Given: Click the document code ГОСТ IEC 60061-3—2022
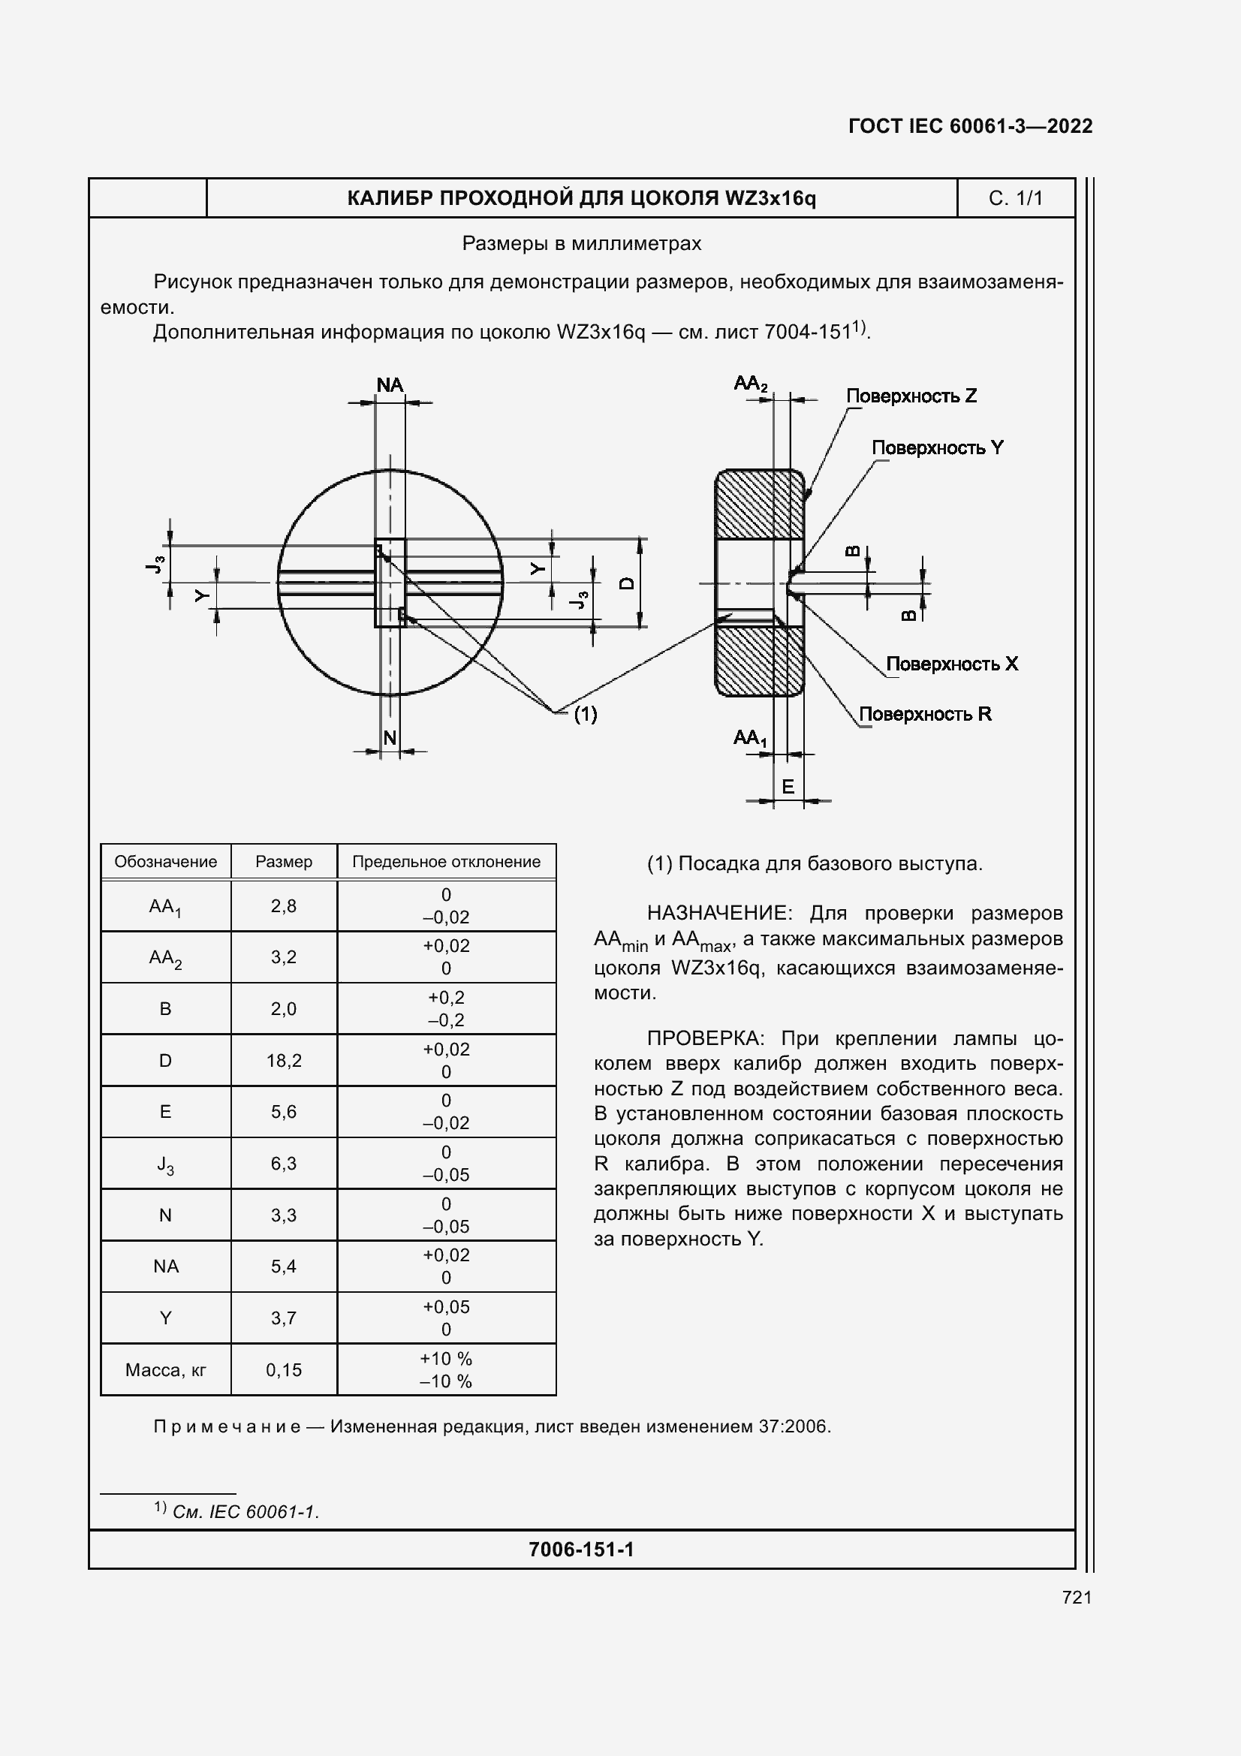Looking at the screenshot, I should click(x=969, y=126).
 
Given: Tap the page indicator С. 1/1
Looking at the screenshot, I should click(x=1015, y=198).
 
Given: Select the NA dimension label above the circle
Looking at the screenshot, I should click(x=389, y=384).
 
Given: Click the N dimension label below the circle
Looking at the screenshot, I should click(x=389, y=737).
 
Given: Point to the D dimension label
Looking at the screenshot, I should click(x=626, y=583).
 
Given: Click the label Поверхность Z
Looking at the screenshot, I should click(x=911, y=396).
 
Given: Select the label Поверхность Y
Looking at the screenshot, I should click(x=937, y=447).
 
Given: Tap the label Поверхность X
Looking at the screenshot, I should click(x=951, y=664).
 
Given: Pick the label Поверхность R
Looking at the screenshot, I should click(x=924, y=713).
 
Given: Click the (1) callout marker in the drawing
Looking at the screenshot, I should click(x=585, y=714).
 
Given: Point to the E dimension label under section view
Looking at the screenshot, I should click(x=788, y=786).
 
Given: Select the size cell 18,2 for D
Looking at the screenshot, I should click(x=284, y=1060).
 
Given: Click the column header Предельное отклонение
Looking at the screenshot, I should click(x=446, y=862).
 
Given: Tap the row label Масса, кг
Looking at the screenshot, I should click(x=165, y=1370).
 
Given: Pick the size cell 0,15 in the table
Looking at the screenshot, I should click(x=284, y=1370).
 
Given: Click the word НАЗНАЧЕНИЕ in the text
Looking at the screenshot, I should click(x=716, y=913).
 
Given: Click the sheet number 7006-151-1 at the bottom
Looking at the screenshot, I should click(x=581, y=1550).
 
